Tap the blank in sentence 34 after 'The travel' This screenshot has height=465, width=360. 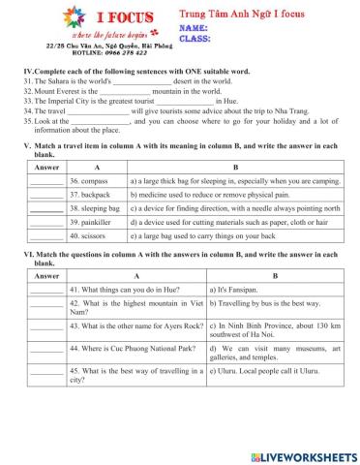pyautogui.click(x=103, y=110)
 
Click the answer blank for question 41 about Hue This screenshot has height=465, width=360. pyautogui.click(x=45, y=290)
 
